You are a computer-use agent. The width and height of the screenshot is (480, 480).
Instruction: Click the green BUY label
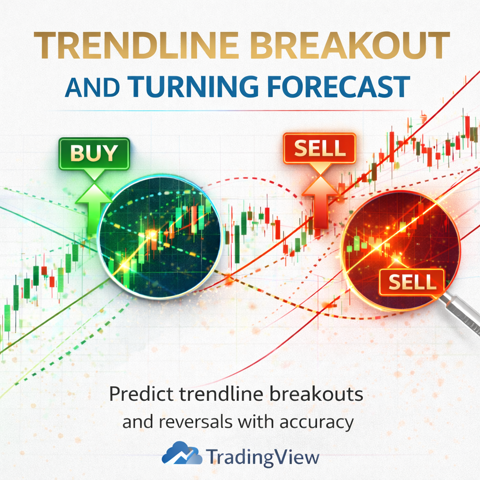pos(93,153)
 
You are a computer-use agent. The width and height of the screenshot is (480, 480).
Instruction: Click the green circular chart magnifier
pos(159,236)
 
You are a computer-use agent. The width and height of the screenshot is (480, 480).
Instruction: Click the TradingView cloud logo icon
pos(181,454)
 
